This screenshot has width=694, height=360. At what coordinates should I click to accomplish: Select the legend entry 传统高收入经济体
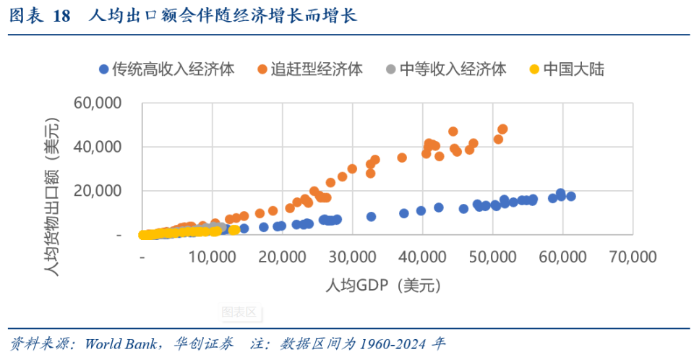click(x=166, y=69)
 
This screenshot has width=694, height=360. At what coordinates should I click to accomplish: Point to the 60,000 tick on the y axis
click(x=98, y=103)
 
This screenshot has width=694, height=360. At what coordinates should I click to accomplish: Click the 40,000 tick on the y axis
click(x=98, y=147)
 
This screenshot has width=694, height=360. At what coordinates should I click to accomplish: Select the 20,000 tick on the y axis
click(x=98, y=192)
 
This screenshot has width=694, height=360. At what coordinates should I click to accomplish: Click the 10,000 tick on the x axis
click(x=213, y=257)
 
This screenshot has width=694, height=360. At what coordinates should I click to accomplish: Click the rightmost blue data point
click(x=570, y=196)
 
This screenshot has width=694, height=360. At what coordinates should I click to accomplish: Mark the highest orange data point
click(x=502, y=129)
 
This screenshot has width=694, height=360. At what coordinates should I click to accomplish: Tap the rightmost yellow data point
click(x=234, y=230)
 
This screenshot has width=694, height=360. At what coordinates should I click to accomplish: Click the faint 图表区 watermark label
click(x=239, y=312)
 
